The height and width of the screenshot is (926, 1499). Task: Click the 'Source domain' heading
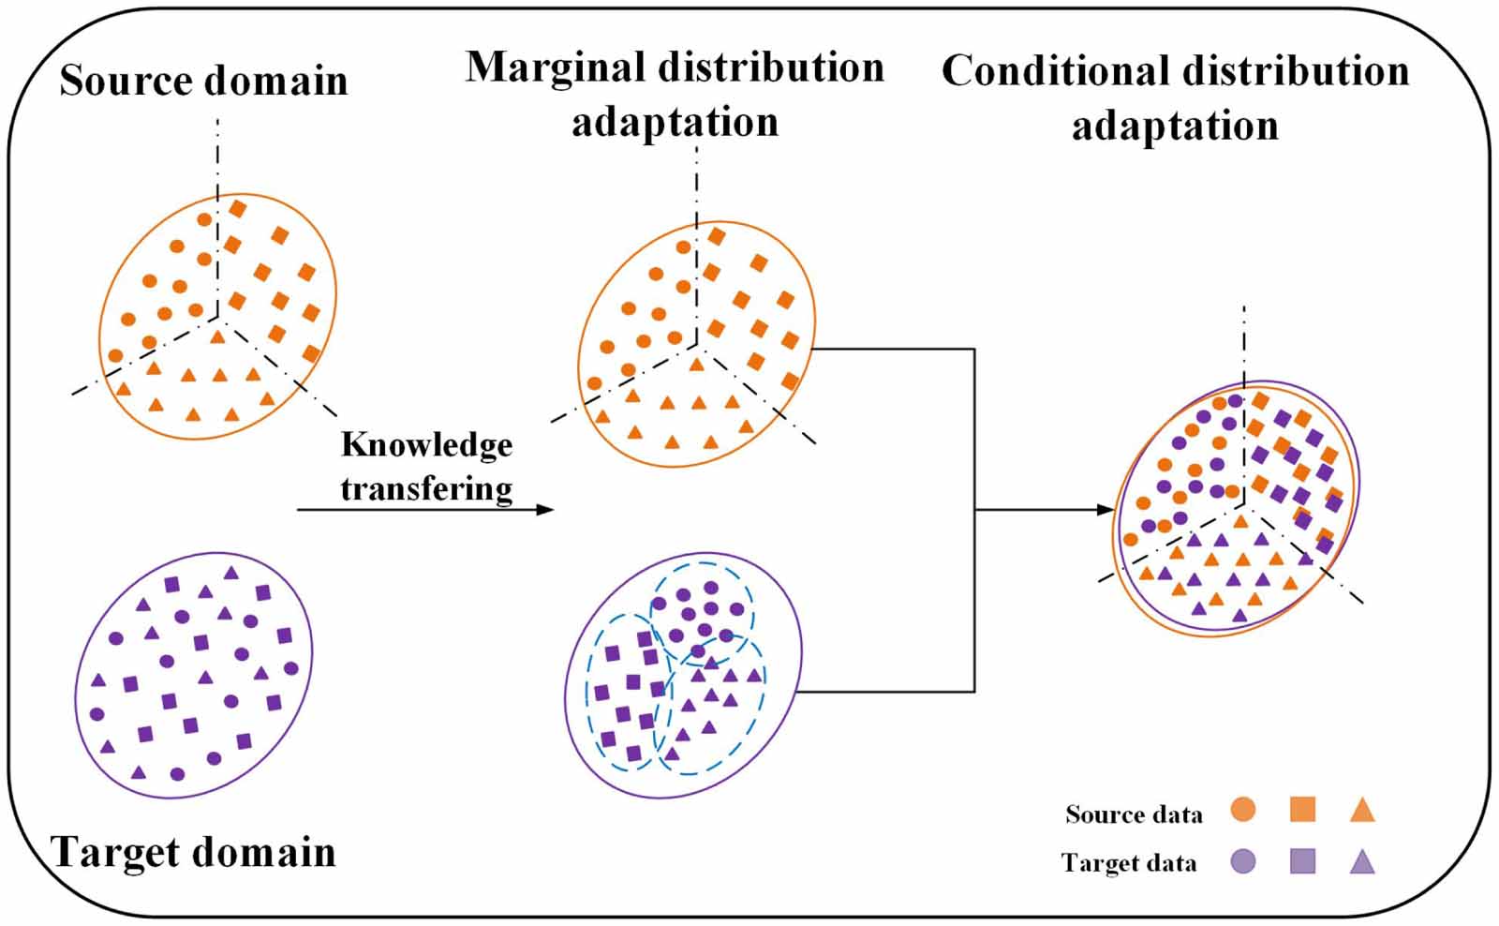coord(203,81)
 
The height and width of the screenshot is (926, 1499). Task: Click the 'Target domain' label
coord(193,852)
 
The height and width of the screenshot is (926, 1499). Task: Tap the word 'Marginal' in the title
coord(556,68)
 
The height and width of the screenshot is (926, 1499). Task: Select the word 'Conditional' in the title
coord(1056,72)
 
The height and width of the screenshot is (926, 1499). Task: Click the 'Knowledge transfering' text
coord(426,466)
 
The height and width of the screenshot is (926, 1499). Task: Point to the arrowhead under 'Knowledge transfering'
coord(545,510)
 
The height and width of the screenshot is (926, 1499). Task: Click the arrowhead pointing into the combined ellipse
coord(1106,510)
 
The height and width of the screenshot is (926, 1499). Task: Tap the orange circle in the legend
coord(1242,810)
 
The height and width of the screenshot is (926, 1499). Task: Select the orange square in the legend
coord(1302,810)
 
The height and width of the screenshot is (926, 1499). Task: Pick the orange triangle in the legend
coord(1362,811)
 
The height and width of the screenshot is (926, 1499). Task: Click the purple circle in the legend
coord(1242,860)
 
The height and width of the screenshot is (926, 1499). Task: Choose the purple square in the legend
coord(1302,860)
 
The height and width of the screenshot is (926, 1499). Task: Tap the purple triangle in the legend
coord(1362,861)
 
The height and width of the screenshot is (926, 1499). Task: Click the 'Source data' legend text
coord(1133,814)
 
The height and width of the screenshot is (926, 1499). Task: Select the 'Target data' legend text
coord(1128,862)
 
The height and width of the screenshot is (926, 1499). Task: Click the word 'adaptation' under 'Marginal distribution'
coord(675,123)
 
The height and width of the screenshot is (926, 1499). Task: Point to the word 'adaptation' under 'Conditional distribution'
coord(1175,127)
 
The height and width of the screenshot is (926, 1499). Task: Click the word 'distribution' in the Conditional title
coord(1296,72)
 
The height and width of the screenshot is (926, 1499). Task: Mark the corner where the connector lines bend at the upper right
coord(974,350)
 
